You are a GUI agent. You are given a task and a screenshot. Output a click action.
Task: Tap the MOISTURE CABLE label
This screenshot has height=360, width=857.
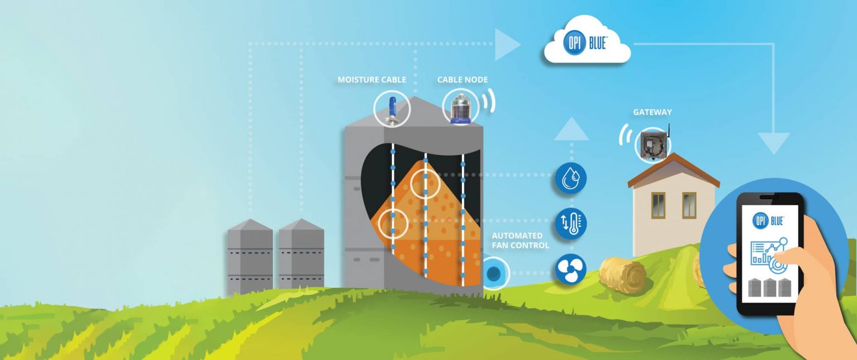pos(372,80)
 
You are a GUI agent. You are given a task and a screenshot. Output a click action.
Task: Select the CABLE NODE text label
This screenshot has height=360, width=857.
pos(462,80)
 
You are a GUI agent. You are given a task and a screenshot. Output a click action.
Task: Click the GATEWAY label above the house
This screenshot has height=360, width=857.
pos(652,112)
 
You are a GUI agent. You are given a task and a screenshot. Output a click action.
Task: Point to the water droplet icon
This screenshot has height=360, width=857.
pos(570,179)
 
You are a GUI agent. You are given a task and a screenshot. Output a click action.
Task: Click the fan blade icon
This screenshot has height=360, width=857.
pos(571,269)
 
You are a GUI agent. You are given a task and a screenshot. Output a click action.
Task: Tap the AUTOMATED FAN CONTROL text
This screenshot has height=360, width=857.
pos(520,241)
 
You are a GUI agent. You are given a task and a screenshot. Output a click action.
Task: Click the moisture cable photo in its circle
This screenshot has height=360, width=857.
pos(392,108)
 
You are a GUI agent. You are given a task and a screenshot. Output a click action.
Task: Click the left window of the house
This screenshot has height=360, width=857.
pos(658,205)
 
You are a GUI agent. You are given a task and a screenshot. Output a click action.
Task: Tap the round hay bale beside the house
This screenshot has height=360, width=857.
pos(623,275)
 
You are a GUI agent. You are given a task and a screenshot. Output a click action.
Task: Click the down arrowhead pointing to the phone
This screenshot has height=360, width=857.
pos(773,142)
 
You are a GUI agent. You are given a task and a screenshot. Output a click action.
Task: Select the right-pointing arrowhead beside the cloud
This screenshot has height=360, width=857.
pos(507,44)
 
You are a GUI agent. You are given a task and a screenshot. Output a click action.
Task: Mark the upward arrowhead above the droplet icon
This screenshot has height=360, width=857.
pos(571,130)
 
